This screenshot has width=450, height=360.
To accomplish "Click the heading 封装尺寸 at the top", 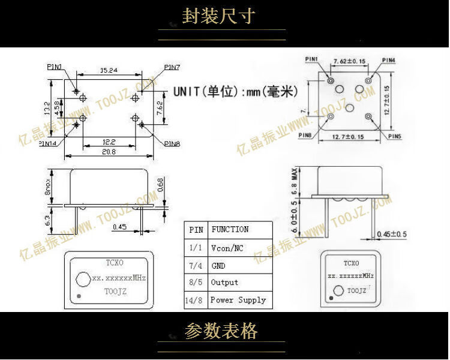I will click(218, 16).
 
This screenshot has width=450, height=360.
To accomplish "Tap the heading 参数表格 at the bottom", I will click(221, 331).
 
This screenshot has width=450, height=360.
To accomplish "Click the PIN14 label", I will click(49, 143).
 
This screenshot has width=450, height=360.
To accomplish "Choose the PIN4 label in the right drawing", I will click(389, 60).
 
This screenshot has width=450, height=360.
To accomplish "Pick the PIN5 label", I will click(394, 137).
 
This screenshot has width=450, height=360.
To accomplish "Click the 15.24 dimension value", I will click(109, 71).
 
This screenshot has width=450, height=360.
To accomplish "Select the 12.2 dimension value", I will click(109, 142).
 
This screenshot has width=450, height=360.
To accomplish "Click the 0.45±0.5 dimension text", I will click(392, 233).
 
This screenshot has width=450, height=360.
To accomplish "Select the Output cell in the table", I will click(224, 282).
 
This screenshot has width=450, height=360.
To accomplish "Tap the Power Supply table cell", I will click(238, 299).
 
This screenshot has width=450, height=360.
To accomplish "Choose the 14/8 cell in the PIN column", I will click(196, 299).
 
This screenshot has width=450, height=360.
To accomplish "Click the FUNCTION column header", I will click(230, 229).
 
